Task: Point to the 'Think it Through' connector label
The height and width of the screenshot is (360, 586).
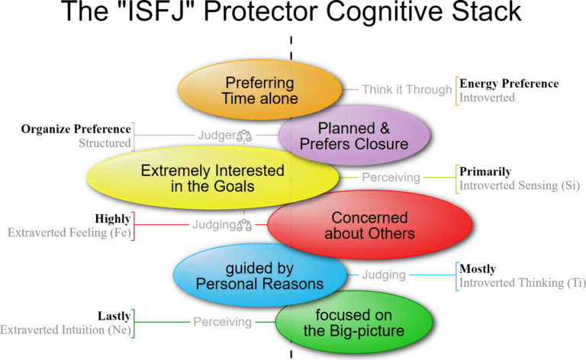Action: point(407,89)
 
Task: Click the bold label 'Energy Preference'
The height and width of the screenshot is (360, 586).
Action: point(508,83)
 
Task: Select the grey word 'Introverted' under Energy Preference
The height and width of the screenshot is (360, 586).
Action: point(486,97)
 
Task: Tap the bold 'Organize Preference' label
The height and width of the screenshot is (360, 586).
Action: point(76,128)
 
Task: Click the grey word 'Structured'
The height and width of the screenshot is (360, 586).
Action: point(105,143)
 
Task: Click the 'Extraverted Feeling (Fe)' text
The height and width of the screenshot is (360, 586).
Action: point(69,233)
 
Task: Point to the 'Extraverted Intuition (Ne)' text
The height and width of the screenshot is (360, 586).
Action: point(66,329)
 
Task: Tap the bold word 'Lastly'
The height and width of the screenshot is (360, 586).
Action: point(114,315)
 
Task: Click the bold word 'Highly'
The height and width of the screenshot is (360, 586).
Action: point(112,218)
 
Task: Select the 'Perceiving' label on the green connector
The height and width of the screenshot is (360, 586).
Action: point(222,322)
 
